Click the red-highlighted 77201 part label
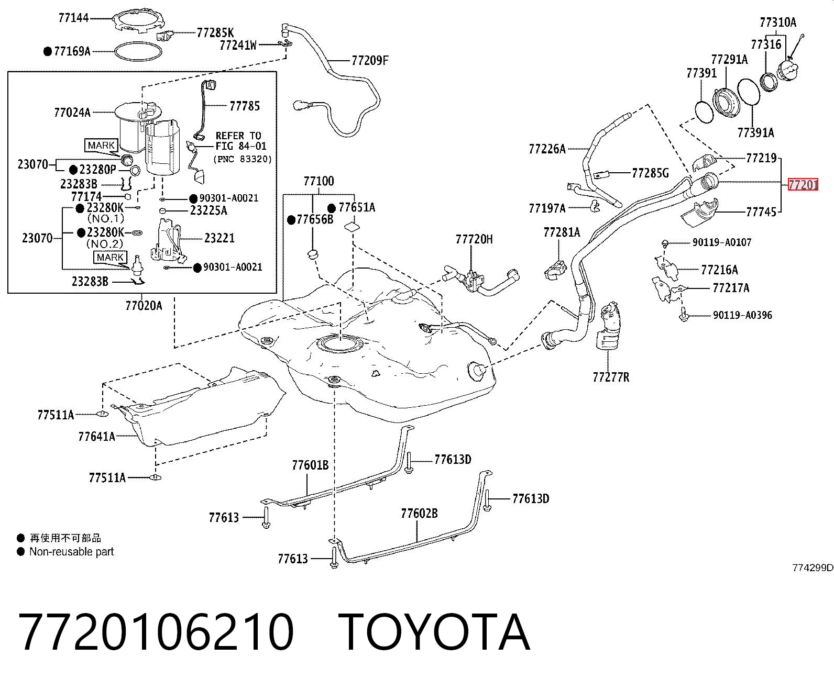coord(803,184)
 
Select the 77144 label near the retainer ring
coord(73,18)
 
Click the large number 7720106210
coord(156,632)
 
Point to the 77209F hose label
coord(370,61)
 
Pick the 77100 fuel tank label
coord(319,181)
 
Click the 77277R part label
coord(611,377)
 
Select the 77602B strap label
coord(420,513)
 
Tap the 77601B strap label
coord(310,465)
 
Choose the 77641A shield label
coord(97,437)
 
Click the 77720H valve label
coord(474,239)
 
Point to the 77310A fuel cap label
coord(777,23)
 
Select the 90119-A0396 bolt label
coord(742,315)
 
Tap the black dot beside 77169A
coord(48,51)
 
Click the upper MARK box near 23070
coord(102,145)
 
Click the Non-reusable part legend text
coord(71,551)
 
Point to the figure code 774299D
coord(813,567)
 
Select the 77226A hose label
coord(547,149)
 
